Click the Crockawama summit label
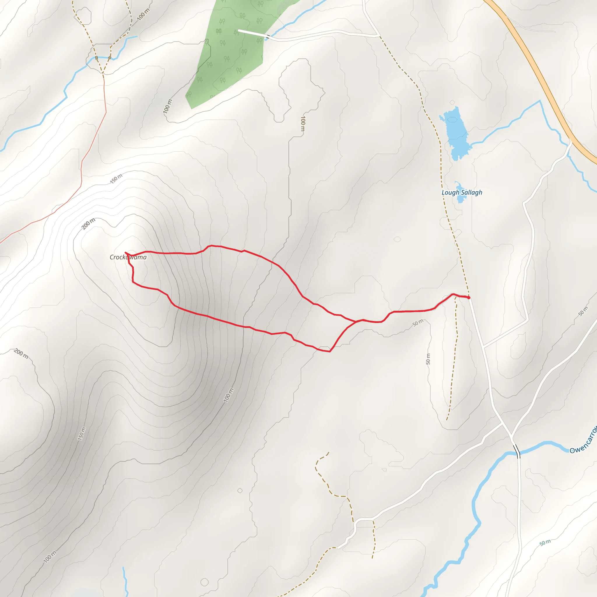coord(128,257)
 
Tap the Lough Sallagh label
coord(462,192)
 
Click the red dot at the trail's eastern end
coord(469,298)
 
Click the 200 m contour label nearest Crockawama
coord(88,224)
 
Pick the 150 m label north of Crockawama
coord(116,179)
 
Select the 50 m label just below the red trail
coord(418,323)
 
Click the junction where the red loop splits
coord(356,322)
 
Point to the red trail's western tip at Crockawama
coord(125,253)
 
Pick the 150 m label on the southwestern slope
coord(81,433)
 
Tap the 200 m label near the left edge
coord(21,354)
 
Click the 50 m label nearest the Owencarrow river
coord(545,542)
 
